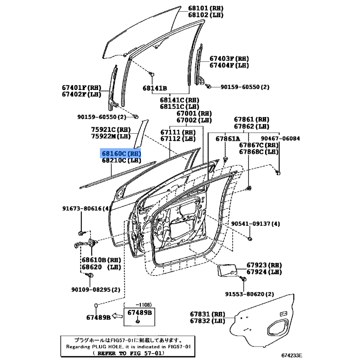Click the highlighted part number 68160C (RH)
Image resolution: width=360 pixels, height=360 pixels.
(x=121, y=153)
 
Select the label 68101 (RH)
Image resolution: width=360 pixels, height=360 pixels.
(x=206, y=8)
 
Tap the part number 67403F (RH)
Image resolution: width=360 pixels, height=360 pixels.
(x=229, y=58)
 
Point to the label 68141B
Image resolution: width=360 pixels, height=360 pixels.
(x=155, y=88)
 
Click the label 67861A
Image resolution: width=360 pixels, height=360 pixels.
(x=228, y=139)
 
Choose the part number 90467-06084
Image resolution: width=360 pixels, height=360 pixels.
(x=280, y=139)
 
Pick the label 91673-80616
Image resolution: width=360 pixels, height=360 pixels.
(x=85, y=208)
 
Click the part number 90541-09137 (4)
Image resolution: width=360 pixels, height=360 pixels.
(x=255, y=224)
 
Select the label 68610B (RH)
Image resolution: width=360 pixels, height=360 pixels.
(x=101, y=260)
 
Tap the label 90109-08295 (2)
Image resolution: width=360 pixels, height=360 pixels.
(x=96, y=290)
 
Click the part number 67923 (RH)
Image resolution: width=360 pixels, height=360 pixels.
(x=264, y=265)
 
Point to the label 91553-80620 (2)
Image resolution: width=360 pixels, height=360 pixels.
(x=249, y=294)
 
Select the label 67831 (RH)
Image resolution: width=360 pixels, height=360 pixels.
(x=207, y=314)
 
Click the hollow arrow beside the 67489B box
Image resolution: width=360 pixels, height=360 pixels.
(x=117, y=316)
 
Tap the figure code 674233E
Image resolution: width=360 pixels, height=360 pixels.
(x=292, y=355)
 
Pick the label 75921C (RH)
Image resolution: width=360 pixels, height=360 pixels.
(x=111, y=130)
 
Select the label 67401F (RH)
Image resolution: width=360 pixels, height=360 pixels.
(x=81, y=88)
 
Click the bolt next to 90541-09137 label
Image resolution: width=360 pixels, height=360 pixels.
(x=250, y=239)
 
